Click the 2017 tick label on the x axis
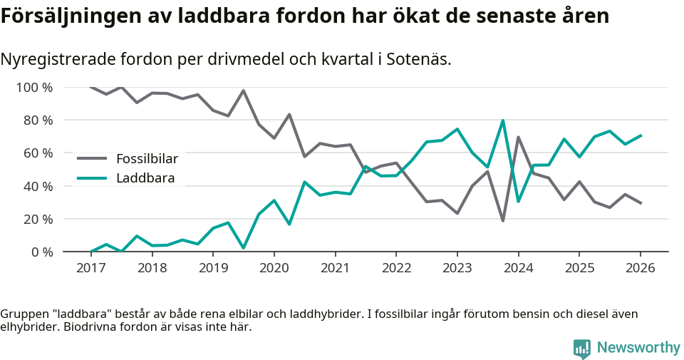click(x=90, y=268)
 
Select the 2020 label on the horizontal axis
click(x=274, y=268)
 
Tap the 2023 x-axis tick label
click(x=457, y=268)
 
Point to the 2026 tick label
click(x=640, y=268)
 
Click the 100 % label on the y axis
click(x=34, y=88)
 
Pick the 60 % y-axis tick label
click(x=37, y=153)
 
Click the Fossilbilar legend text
click(x=147, y=158)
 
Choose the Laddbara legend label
click(x=145, y=178)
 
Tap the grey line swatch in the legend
click(x=92, y=158)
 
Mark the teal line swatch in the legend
click(x=92, y=178)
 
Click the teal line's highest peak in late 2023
click(x=503, y=120)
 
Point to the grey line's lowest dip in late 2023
click(x=503, y=220)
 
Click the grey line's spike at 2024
click(x=518, y=137)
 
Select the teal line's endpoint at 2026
click(x=640, y=135)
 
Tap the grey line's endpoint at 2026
click(x=640, y=203)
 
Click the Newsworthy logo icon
click(x=581, y=348)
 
